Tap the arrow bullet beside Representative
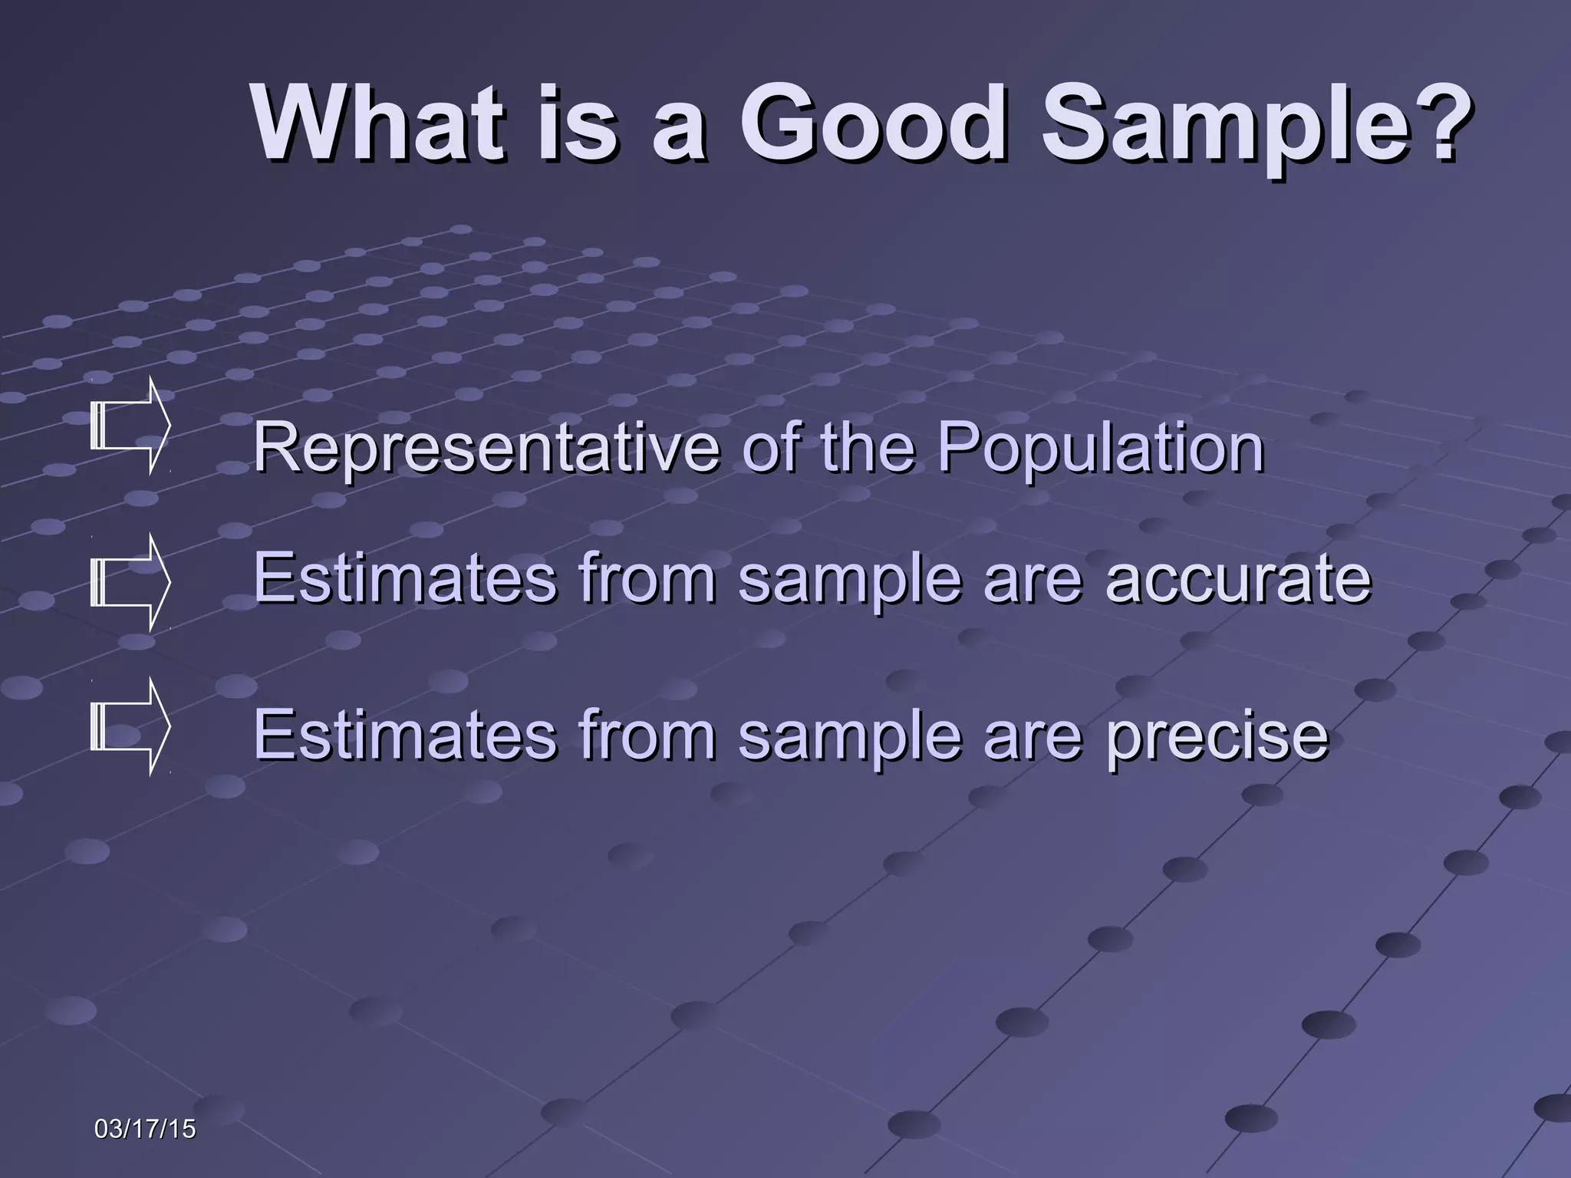pyautogui.click(x=129, y=426)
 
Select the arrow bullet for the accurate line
pyautogui.click(x=129, y=583)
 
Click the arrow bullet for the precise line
pyautogui.click(x=129, y=726)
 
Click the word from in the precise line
pyautogui.click(x=648, y=734)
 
